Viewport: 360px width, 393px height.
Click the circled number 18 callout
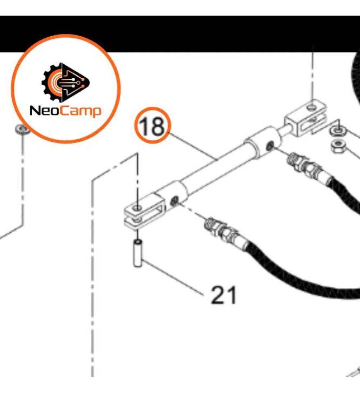[153, 125]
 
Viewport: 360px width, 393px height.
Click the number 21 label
[224, 295]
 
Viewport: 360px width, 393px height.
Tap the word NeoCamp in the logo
[66, 111]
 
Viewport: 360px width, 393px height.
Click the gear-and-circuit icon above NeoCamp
[66, 82]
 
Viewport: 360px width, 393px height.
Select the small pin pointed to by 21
[137, 253]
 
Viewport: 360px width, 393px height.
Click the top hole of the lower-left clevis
[137, 208]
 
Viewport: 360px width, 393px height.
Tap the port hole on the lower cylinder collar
[175, 201]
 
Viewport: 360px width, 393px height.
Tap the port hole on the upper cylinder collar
[270, 145]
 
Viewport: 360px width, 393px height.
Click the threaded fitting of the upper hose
[304, 164]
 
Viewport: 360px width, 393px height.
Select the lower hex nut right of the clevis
[339, 146]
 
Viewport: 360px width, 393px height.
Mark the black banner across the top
[180, 34]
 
